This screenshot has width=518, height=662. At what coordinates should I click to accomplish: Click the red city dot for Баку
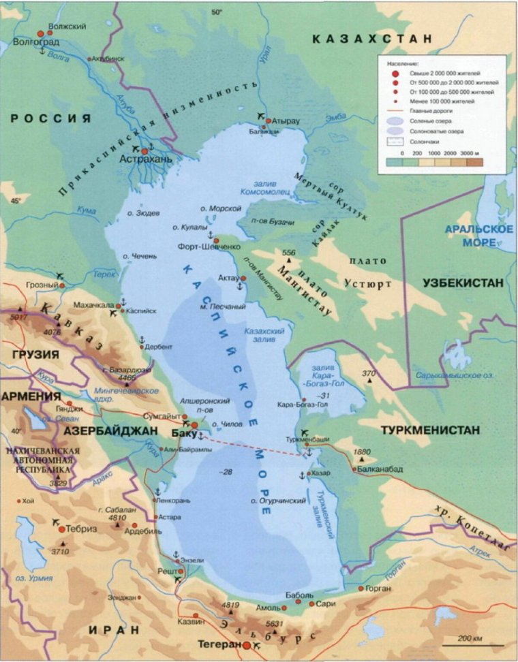[x=194, y=426]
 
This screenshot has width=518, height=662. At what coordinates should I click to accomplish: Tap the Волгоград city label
[x=35, y=42]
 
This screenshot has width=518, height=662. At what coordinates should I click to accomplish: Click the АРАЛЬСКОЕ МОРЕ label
[x=478, y=236]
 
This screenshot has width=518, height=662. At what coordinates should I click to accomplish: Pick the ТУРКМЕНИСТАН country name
[x=430, y=430]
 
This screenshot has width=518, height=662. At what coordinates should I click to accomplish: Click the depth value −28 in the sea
[x=227, y=472]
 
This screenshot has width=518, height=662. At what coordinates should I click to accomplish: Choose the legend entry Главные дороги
[x=432, y=109]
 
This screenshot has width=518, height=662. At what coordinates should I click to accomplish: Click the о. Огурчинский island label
[x=277, y=501]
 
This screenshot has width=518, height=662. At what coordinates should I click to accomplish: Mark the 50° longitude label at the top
[x=216, y=12]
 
